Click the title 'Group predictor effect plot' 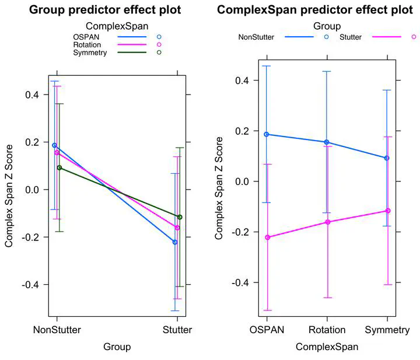pos(105,10)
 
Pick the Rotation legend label pos(88,45)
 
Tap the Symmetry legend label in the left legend pos(91,53)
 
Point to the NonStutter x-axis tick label pos(57,330)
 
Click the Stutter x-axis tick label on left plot pos(177,330)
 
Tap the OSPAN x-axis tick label pos(267,330)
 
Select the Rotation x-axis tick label pos(327,330)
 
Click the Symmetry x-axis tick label pos(386,330)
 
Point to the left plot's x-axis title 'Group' pos(117,347)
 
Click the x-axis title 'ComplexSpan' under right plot pos(327,347)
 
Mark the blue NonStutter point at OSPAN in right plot pos(267,134)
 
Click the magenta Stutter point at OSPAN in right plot pos(267,237)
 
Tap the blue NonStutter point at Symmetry pos(387,158)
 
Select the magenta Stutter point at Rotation pos(327,222)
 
